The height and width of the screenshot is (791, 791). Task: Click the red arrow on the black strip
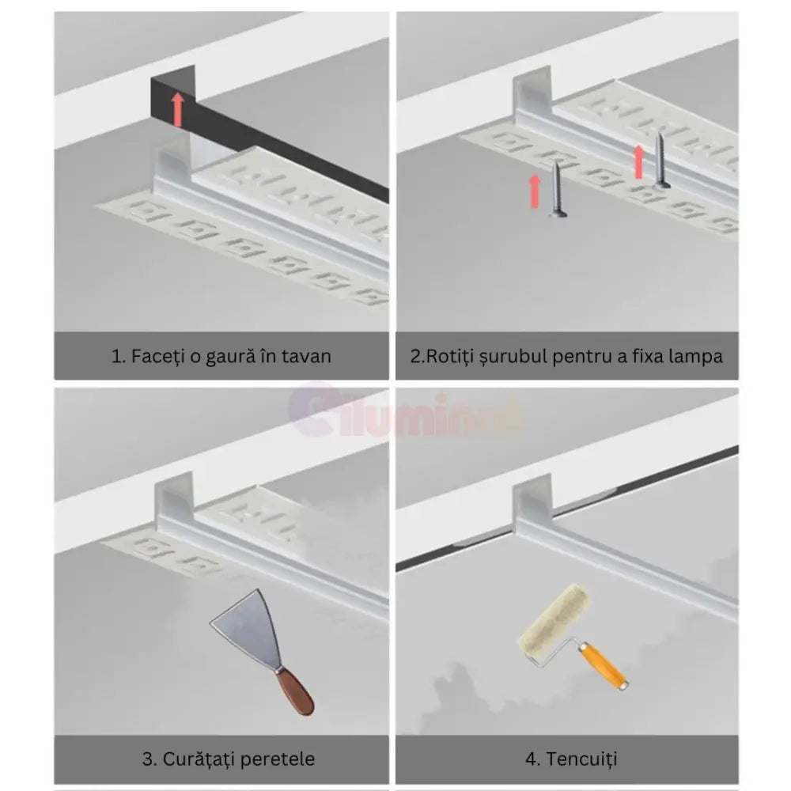click(179, 109)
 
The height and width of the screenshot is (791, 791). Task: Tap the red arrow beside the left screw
click(535, 191)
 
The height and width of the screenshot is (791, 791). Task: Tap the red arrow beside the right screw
click(639, 161)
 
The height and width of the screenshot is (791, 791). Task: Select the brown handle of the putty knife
click(296, 691)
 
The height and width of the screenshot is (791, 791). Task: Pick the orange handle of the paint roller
click(603, 664)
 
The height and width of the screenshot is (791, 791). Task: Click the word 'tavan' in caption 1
click(307, 356)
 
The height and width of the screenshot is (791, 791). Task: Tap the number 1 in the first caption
click(116, 356)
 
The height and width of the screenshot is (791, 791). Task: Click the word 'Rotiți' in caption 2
click(450, 356)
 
